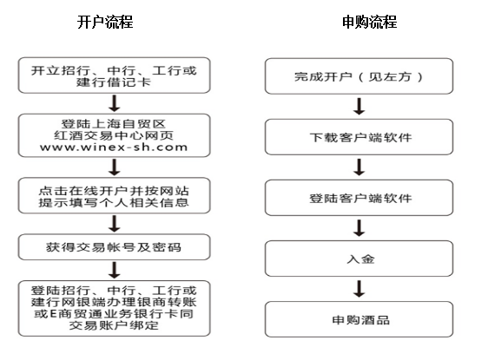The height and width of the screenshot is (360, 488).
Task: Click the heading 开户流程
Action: pyautogui.click(x=105, y=22)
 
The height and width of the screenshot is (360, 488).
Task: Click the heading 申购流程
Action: pyautogui.click(x=369, y=22)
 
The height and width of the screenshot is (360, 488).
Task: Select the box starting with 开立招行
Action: pyautogui.click(x=115, y=75)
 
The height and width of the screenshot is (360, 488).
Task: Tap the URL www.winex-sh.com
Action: pyautogui.click(x=114, y=147)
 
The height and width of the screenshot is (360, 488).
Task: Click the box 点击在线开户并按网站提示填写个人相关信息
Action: pyautogui.click(x=115, y=195)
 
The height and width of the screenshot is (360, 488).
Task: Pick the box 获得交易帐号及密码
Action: pyautogui.click(x=115, y=247)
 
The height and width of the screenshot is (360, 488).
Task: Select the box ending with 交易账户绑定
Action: pyautogui.click(x=115, y=309)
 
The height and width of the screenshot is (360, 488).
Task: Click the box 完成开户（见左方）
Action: pyautogui.click(x=359, y=76)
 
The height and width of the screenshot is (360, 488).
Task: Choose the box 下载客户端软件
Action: pyautogui.click(x=359, y=137)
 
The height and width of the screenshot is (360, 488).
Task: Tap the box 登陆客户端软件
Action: pyautogui.click(x=359, y=198)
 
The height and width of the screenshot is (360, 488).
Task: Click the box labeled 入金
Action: pyautogui.click(x=359, y=259)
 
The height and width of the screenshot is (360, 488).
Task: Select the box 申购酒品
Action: pyautogui.click(x=359, y=319)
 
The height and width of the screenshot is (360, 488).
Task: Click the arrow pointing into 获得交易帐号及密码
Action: pyautogui.click(x=115, y=224)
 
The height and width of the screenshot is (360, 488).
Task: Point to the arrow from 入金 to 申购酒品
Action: pyautogui.click(x=359, y=289)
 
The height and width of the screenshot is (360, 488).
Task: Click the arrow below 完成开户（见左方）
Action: pyautogui.click(x=359, y=107)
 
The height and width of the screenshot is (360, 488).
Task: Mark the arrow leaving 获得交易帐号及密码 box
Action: pyautogui.click(x=115, y=270)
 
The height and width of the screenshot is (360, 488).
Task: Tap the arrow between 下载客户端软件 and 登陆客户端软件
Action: pyautogui.click(x=359, y=167)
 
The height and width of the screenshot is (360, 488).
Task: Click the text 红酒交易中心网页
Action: pyautogui.click(x=114, y=135)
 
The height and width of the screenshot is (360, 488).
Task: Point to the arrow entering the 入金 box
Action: pyautogui.click(x=359, y=228)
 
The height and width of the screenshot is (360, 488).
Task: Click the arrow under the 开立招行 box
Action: pyautogui.click(x=115, y=103)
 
